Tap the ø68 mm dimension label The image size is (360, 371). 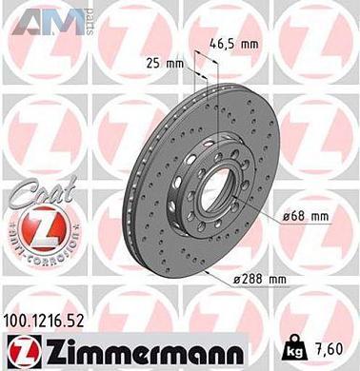click(306, 219)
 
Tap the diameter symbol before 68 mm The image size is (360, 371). click(285, 219)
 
